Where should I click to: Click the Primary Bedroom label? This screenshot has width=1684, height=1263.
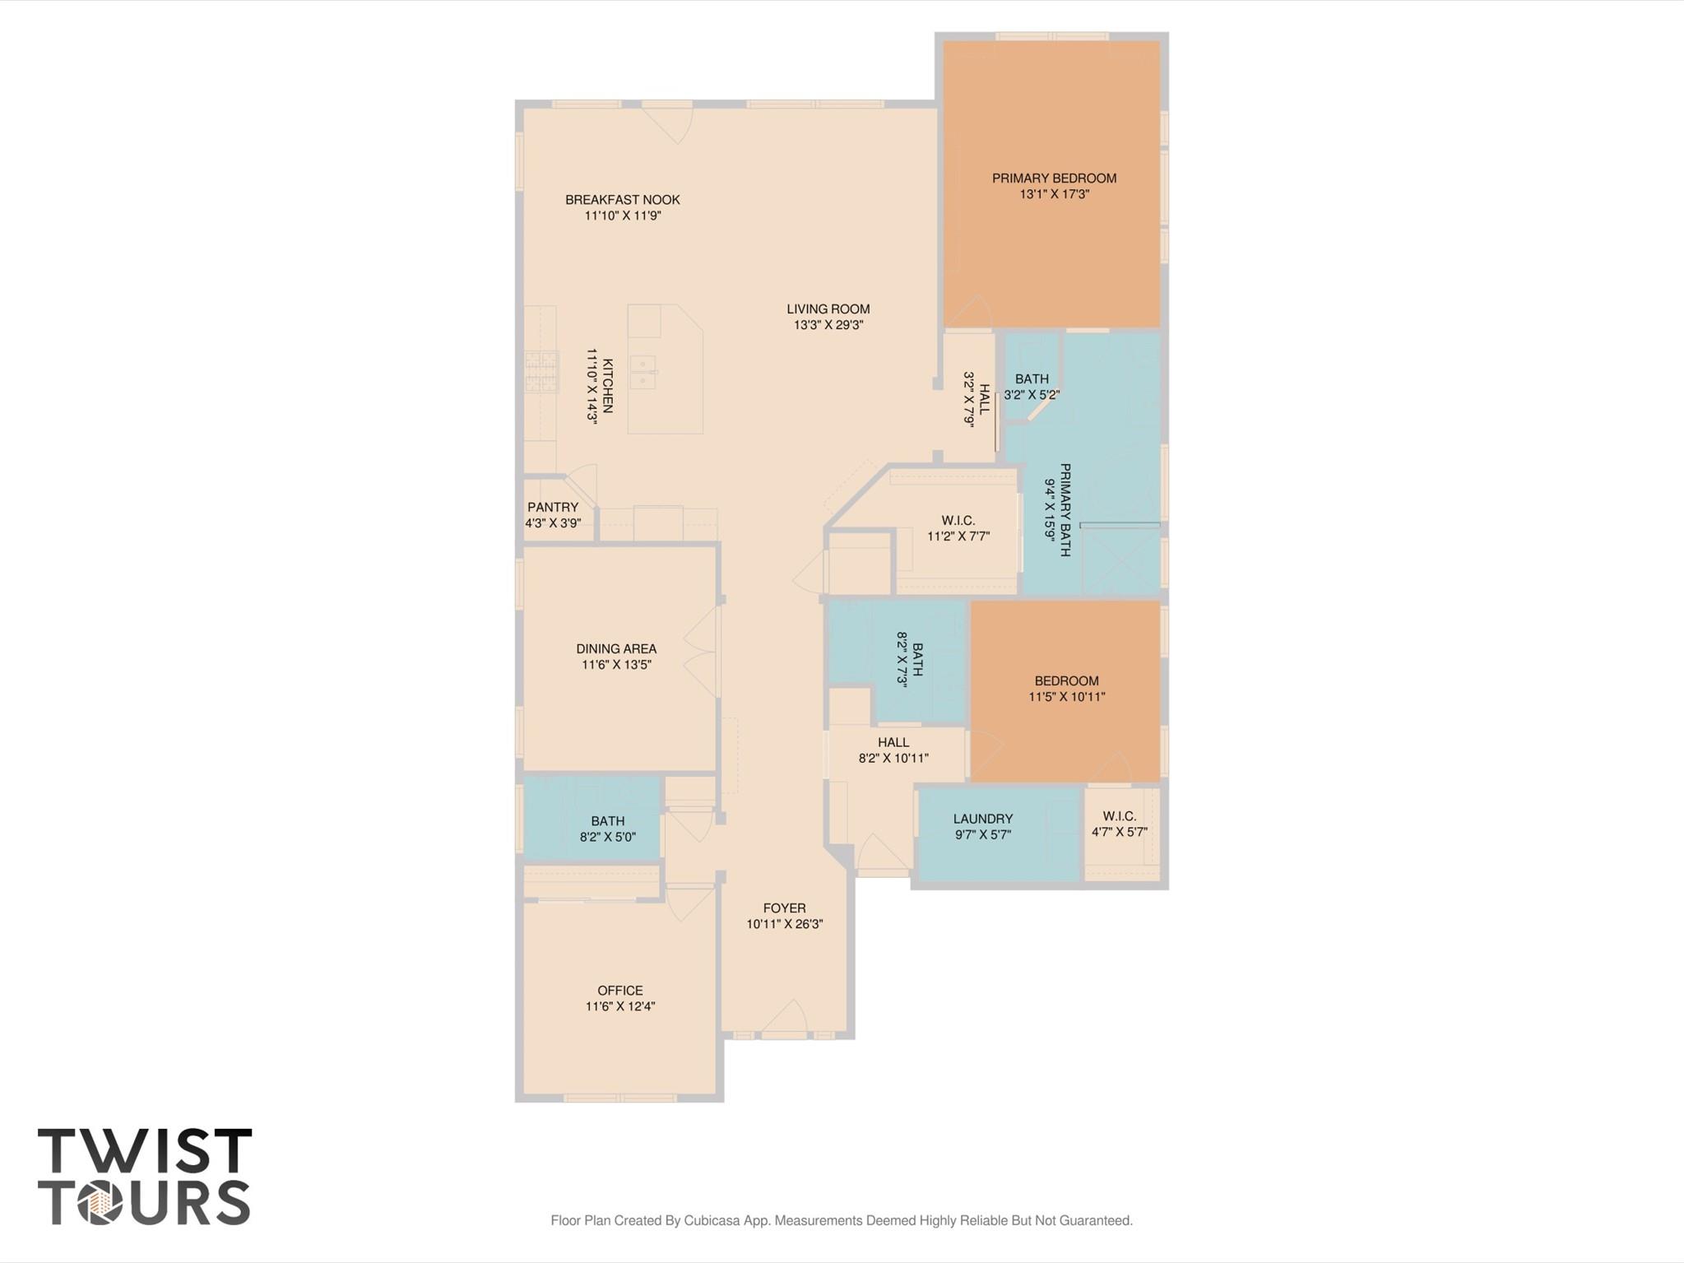click(x=1054, y=178)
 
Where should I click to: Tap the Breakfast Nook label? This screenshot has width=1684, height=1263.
click(x=622, y=199)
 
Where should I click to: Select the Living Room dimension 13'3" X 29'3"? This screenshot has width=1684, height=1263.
click(x=828, y=325)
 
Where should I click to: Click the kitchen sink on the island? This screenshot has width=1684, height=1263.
click(x=643, y=372)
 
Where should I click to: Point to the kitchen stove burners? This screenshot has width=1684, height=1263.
click(x=541, y=371)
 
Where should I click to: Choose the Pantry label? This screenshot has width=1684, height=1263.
click(x=553, y=507)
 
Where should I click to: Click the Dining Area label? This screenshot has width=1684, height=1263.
click(x=616, y=648)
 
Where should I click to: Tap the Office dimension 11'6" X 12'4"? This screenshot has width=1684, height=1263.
click(x=620, y=1006)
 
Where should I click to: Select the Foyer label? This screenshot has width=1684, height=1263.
click(x=784, y=908)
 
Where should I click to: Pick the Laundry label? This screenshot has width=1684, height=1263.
click(x=983, y=819)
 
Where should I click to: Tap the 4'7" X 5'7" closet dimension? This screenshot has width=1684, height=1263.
click(x=1120, y=832)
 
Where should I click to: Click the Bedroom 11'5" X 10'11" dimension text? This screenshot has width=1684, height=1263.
click(x=1067, y=697)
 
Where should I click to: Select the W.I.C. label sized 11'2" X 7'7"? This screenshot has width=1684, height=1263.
click(x=958, y=521)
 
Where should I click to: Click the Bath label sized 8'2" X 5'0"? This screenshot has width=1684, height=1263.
click(x=607, y=820)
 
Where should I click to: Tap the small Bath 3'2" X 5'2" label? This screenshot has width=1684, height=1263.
click(x=1032, y=379)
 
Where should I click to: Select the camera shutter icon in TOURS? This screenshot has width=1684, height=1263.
click(x=100, y=1204)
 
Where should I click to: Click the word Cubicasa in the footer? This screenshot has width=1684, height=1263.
click(x=713, y=1220)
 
